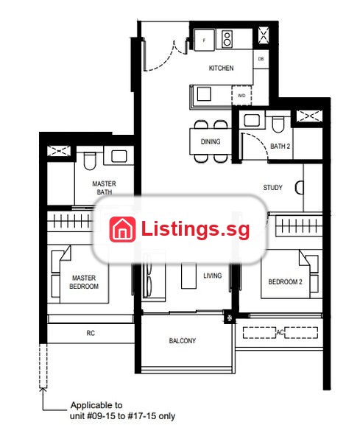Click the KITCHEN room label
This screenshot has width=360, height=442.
pyautogui.click(x=221, y=68)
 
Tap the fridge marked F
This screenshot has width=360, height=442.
pyautogui.click(x=205, y=40)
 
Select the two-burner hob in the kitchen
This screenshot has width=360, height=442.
pyautogui.click(x=227, y=38)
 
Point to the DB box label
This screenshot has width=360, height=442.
pyautogui.click(x=261, y=59)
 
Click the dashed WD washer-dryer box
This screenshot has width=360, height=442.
pyautogui.click(x=241, y=95)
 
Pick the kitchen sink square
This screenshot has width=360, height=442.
pyautogui.click(x=204, y=94)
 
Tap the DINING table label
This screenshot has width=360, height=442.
pyautogui.click(x=211, y=141)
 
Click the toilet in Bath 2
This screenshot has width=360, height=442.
pyautogui.click(x=278, y=125)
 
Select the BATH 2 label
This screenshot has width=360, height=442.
pyautogui.click(x=280, y=146)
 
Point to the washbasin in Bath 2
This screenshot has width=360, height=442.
pyautogui.click(x=252, y=120)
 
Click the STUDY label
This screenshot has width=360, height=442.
pyautogui.click(x=272, y=187)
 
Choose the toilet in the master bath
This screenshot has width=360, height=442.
pyautogui.click(x=90, y=161)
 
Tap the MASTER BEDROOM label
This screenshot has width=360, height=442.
pyautogui.click(x=84, y=282)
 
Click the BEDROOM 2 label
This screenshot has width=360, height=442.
pyautogui.click(x=285, y=281)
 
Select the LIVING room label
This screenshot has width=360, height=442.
pyautogui.click(x=213, y=276)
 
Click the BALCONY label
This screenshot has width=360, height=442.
pyautogui.click(x=183, y=340)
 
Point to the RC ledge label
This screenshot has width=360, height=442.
pyautogui.click(x=91, y=333)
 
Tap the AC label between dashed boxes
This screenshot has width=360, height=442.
pyautogui.click(x=280, y=332)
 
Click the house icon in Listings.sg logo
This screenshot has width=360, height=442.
pyautogui.click(x=122, y=229)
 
